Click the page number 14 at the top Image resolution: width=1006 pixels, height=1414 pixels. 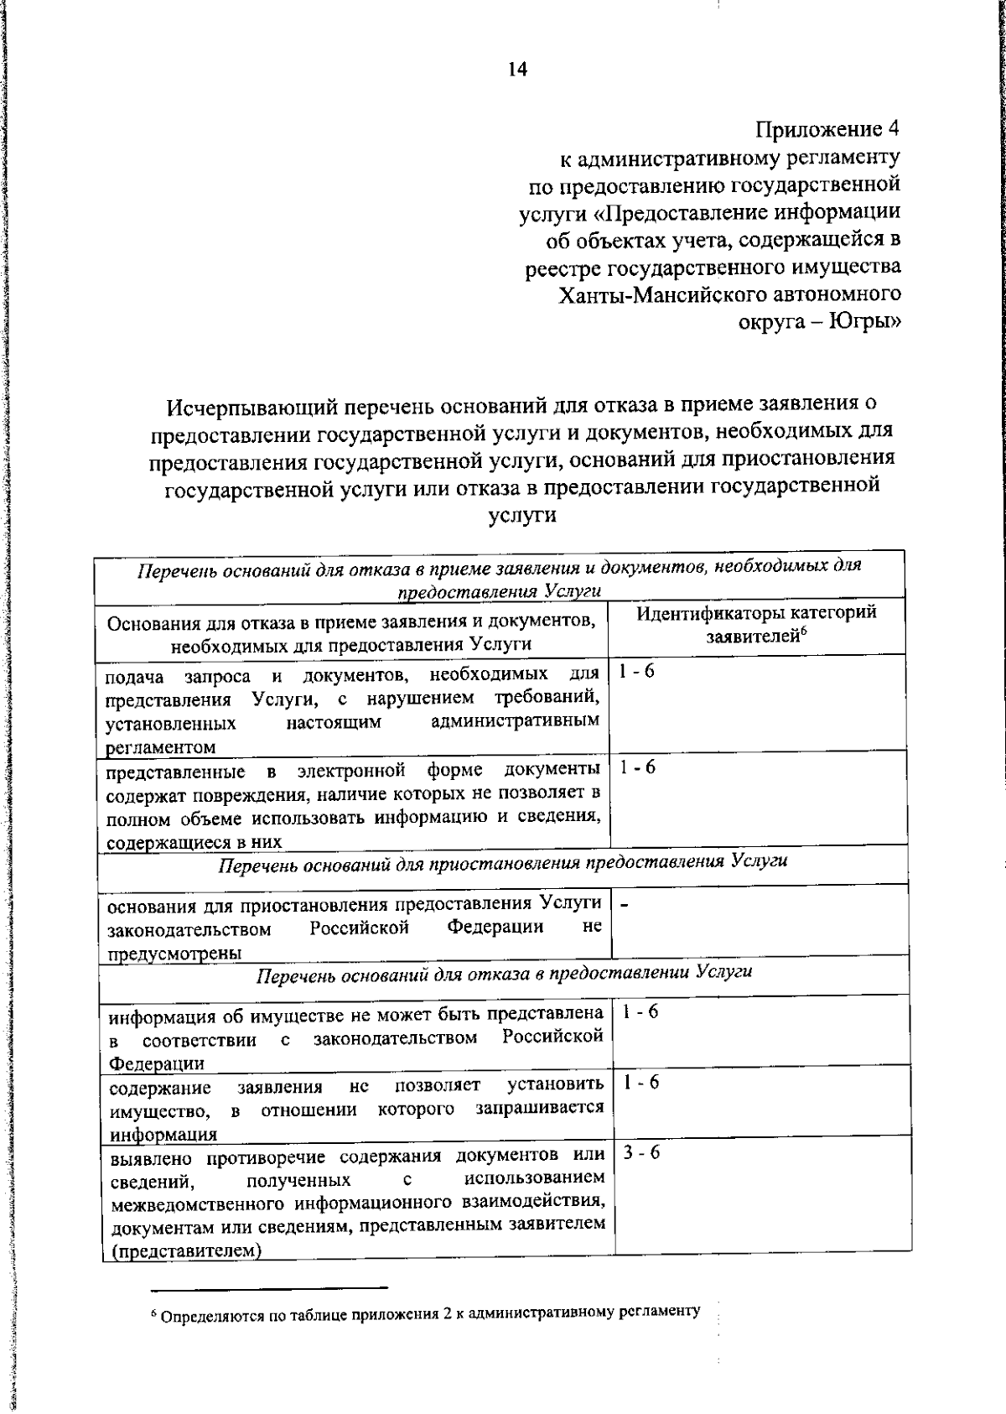coord(516,70)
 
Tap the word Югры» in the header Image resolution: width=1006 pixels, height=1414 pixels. coord(865,322)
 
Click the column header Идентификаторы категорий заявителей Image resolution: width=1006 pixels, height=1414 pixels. coord(756,623)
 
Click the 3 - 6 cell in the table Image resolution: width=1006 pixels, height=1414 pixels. coord(641,1152)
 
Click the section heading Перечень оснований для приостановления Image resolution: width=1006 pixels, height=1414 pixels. coord(502,862)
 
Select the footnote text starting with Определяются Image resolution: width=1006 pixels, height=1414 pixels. coord(428,1311)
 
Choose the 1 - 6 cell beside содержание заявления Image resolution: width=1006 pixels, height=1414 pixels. coord(641,1082)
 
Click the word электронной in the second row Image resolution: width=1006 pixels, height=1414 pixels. coord(352,770)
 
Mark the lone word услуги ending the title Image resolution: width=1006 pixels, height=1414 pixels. coord(521,514)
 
